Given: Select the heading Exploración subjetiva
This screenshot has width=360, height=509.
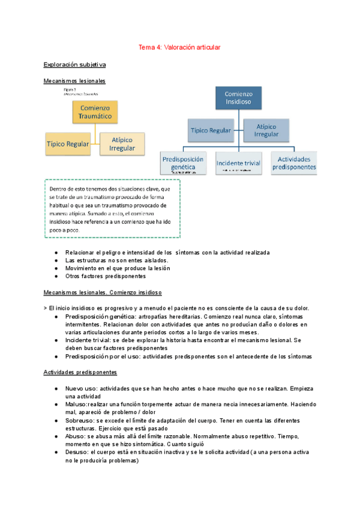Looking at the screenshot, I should (x=75, y=64).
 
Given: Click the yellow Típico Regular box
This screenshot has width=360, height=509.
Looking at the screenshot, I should (x=68, y=143).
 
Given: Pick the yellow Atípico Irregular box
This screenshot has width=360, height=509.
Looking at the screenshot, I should (x=122, y=144).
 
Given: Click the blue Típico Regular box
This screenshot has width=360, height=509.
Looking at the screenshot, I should (x=211, y=130).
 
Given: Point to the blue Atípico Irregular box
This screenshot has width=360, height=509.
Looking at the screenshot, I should (x=266, y=130).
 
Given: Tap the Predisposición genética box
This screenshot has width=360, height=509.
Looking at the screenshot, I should (x=183, y=163).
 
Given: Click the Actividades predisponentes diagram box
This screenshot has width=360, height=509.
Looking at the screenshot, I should (x=294, y=163).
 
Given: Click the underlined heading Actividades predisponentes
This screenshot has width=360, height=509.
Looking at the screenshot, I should (x=80, y=372).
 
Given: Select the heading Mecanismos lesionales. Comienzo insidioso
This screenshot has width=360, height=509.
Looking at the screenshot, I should (x=103, y=293).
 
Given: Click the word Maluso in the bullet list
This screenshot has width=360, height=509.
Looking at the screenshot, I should (x=76, y=404).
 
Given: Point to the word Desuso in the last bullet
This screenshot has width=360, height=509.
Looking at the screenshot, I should (x=77, y=453).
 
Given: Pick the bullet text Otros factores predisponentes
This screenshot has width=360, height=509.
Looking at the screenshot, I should (x=106, y=277).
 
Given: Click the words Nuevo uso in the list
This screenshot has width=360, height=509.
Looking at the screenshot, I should (x=81, y=388).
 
